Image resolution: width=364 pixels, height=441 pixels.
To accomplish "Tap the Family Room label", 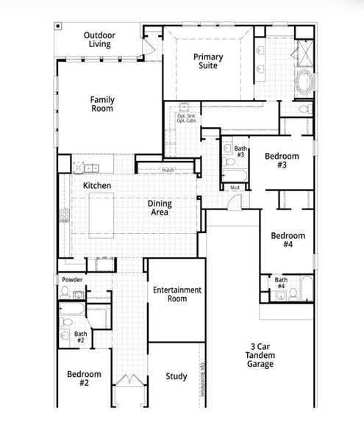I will coord(102,104).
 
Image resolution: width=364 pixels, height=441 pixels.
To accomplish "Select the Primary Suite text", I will coord(208,61).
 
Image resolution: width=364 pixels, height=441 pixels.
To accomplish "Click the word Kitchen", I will coord(97,186).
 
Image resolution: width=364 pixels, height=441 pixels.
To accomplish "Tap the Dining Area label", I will coord(159,207).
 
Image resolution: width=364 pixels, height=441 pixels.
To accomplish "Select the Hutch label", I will coord(168,170).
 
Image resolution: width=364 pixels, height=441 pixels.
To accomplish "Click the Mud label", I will coord(235,188).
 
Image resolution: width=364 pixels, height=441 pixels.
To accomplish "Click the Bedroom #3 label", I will coord(282,161).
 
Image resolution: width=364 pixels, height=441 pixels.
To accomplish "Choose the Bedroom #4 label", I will coord(288,240).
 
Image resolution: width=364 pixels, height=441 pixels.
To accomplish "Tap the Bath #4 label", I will coord(281,283).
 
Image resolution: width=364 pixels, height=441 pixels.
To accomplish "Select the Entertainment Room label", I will coord(177,294).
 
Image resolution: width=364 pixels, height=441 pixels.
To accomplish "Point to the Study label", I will coord(176,377).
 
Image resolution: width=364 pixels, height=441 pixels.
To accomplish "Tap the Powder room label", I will coord(72,280).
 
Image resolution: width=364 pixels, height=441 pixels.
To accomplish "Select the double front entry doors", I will coord(128,383).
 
